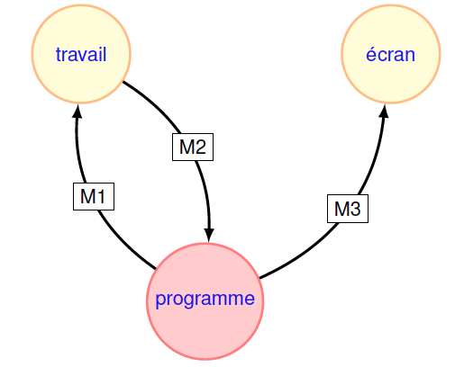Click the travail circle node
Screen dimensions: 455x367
[81, 54]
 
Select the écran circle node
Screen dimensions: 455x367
[391, 54]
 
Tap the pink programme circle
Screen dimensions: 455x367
[205, 301]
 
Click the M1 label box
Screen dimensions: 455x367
[94, 196]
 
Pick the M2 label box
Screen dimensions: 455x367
[193, 147]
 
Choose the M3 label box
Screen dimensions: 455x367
[348, 209]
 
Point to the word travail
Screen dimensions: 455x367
[81, 54]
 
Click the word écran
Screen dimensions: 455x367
[391, 54]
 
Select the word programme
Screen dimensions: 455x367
[205, 299]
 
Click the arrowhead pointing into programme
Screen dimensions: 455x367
[209, 236]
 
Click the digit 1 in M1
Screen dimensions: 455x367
[101, 197]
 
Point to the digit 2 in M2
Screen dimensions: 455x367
[200, 148]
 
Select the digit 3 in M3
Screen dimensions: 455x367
[355, 209]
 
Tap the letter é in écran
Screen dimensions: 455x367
[371, 54]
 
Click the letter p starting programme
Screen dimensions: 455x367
[160, 300]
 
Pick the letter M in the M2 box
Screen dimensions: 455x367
[187, 148]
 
